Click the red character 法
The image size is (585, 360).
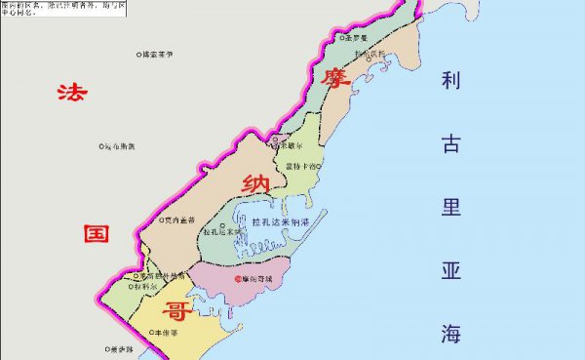[69, 94]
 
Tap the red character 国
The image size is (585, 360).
[95, 236]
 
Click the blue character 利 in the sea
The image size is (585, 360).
[450, 81]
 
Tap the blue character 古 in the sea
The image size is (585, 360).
[450, 145]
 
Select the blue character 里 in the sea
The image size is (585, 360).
[450, 208]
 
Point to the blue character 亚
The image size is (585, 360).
[450, 270]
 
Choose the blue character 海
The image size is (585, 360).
[450, 333]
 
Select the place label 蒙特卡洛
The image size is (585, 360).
[300, 167]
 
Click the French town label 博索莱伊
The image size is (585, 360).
[157, 55]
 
